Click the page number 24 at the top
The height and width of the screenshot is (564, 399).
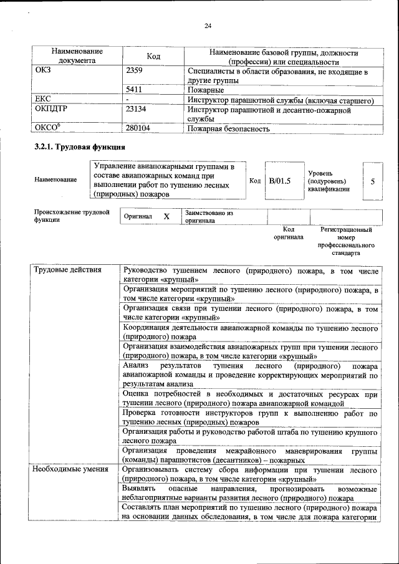(208, 26)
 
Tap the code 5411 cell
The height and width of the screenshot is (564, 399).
(134, 90)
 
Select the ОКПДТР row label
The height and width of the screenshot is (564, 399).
(50, 109)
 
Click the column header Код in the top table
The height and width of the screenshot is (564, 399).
(153, 57)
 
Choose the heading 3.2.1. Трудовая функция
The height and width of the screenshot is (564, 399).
(80, 148)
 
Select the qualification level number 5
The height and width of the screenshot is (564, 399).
(372, 181)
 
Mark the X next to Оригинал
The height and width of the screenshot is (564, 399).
(166, 216)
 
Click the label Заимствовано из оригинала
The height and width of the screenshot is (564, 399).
(208, 216)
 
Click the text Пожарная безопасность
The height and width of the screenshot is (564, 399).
(229, 129)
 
